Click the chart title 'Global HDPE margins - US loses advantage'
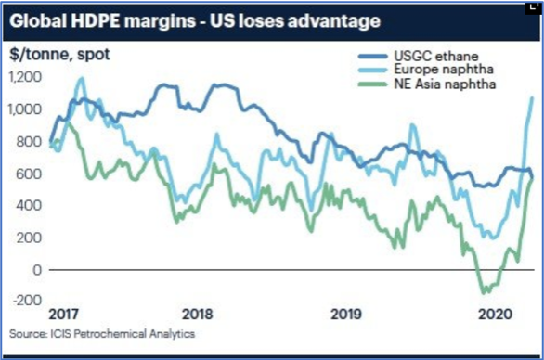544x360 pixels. pos(195,21)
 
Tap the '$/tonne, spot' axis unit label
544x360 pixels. pos(59,55)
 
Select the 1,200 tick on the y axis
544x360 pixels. pos(25,77)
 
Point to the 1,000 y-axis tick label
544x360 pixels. pos(25,109)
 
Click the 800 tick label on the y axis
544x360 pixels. pos(29,142)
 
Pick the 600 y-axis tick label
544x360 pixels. pos(29,174)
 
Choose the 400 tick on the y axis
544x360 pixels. pos(29,206)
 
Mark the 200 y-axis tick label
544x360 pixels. pos(29,238)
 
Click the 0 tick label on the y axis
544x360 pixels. pos(37,270)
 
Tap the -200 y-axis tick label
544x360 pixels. pos(28,301)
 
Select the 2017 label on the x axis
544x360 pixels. pos(63,315)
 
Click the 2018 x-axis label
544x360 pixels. pos(198,315)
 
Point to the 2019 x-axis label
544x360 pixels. pos(346,315)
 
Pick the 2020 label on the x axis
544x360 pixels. pos(495,315)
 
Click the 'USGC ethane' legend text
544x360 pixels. pos(436,57)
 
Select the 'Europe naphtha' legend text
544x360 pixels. pos(444,70)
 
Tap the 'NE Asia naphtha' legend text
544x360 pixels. pos(445,84)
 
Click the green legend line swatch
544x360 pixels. pos(372,84)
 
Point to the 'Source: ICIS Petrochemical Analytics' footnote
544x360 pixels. pos(102,334)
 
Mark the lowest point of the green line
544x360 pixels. pos(483,293)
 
